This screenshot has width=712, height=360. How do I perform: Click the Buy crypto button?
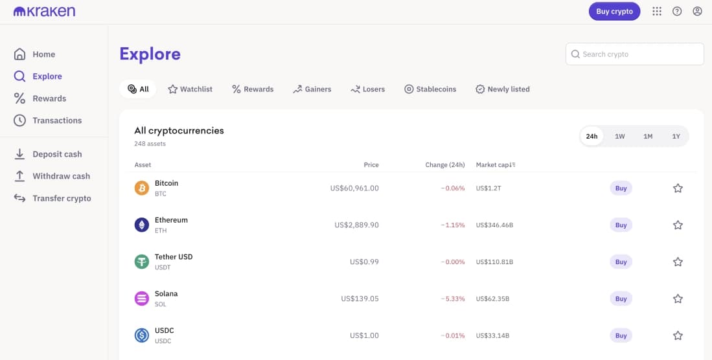614,12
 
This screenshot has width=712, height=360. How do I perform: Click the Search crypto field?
635,54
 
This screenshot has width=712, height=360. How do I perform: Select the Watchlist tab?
190,89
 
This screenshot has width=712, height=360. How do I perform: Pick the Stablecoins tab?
430,89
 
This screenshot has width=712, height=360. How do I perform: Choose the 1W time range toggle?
620,137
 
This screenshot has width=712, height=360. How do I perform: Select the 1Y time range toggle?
676,137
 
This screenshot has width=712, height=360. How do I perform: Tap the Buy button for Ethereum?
621,225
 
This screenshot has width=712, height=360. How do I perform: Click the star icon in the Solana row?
678,299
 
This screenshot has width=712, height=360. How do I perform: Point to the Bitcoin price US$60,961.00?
354,188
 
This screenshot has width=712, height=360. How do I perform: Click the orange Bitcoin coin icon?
141,188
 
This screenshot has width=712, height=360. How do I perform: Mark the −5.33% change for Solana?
453,299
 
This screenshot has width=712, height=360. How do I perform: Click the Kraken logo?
44,12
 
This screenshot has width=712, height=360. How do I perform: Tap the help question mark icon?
677,12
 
